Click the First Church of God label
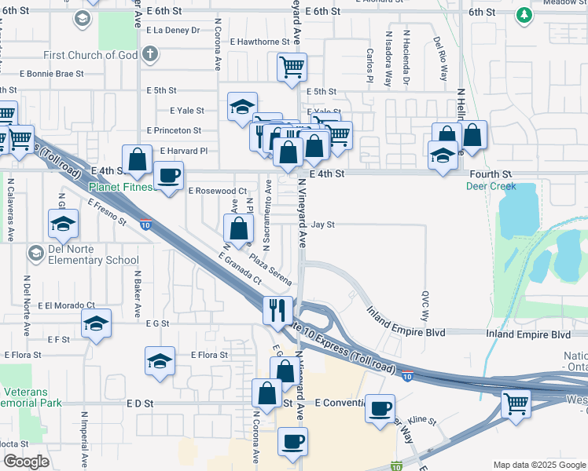90,55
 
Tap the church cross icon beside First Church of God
150,55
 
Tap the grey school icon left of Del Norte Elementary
35,253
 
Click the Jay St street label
323,225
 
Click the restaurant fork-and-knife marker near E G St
277,309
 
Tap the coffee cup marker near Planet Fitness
167,174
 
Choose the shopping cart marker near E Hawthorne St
292,68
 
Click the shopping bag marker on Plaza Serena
239,228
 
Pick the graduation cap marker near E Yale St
242,106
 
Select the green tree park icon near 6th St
524,14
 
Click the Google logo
26,462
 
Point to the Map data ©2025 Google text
538,465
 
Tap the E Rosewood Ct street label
218,191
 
